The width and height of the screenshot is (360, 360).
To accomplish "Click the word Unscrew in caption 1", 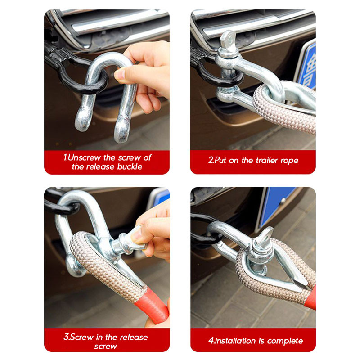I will coord(84,157).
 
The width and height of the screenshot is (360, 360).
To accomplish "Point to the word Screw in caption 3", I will coord(82,337).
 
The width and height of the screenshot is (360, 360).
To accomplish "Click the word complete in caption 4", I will coord(285,341).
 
